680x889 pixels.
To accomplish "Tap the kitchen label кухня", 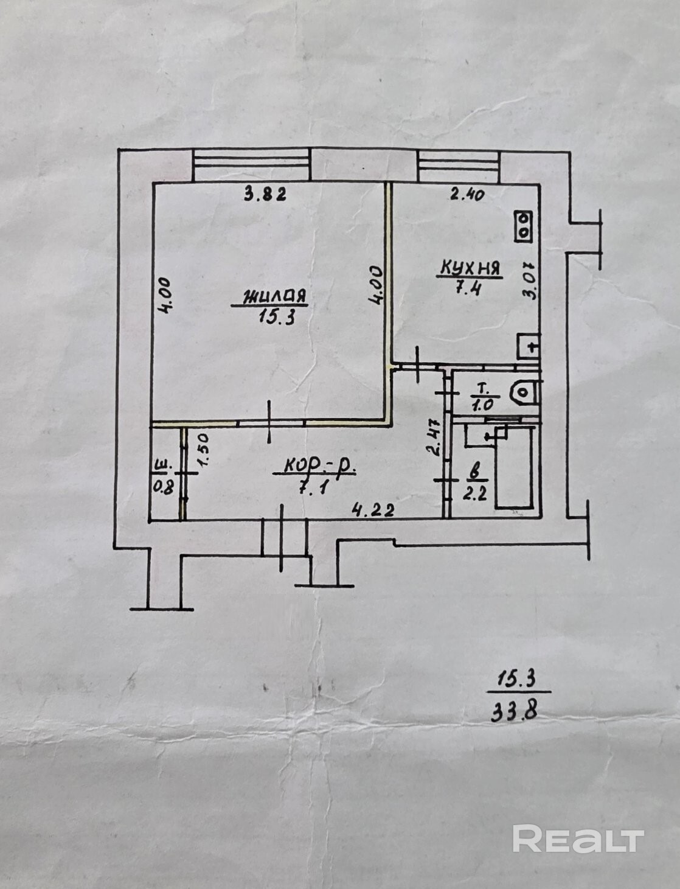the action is (470, 268).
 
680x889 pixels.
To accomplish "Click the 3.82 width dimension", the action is (265, 194).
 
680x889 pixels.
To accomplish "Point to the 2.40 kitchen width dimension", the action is (467, 195).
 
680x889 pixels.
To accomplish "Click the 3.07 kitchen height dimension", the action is (529, 280).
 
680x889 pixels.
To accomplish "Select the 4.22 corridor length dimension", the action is (373, 509).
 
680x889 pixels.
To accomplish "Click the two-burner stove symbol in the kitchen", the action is (524, 227).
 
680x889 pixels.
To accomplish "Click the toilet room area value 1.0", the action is (481, 405).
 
